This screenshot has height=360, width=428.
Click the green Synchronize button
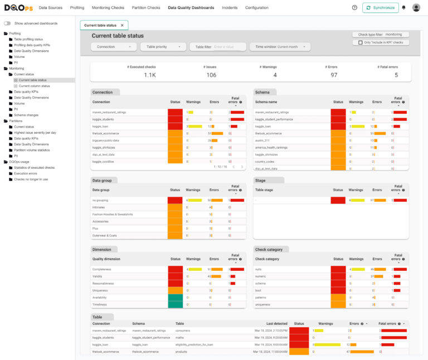(x=381, y=8)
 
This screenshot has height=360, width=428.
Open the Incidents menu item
(x=230, y=8)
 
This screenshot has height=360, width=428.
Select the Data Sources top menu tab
(x=50, y=8)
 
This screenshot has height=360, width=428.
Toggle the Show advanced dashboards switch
(x=7, y=23)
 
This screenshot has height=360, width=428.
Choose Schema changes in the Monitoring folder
(x=26, y=115)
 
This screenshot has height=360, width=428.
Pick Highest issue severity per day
(x=35, y=133)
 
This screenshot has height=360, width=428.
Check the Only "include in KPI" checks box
(x=361, y=42)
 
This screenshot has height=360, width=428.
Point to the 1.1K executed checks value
(x=150, y=75)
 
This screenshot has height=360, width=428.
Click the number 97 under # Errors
(x=333, y=75)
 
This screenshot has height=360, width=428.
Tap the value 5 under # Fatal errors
(x=396, y=75)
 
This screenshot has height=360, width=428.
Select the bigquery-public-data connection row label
(x=107, y=140)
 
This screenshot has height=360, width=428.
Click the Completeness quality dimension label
(x=102, y=269)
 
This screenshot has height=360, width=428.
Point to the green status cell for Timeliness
(x=176, y=304)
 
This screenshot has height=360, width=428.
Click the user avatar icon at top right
(x=416, y=8)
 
